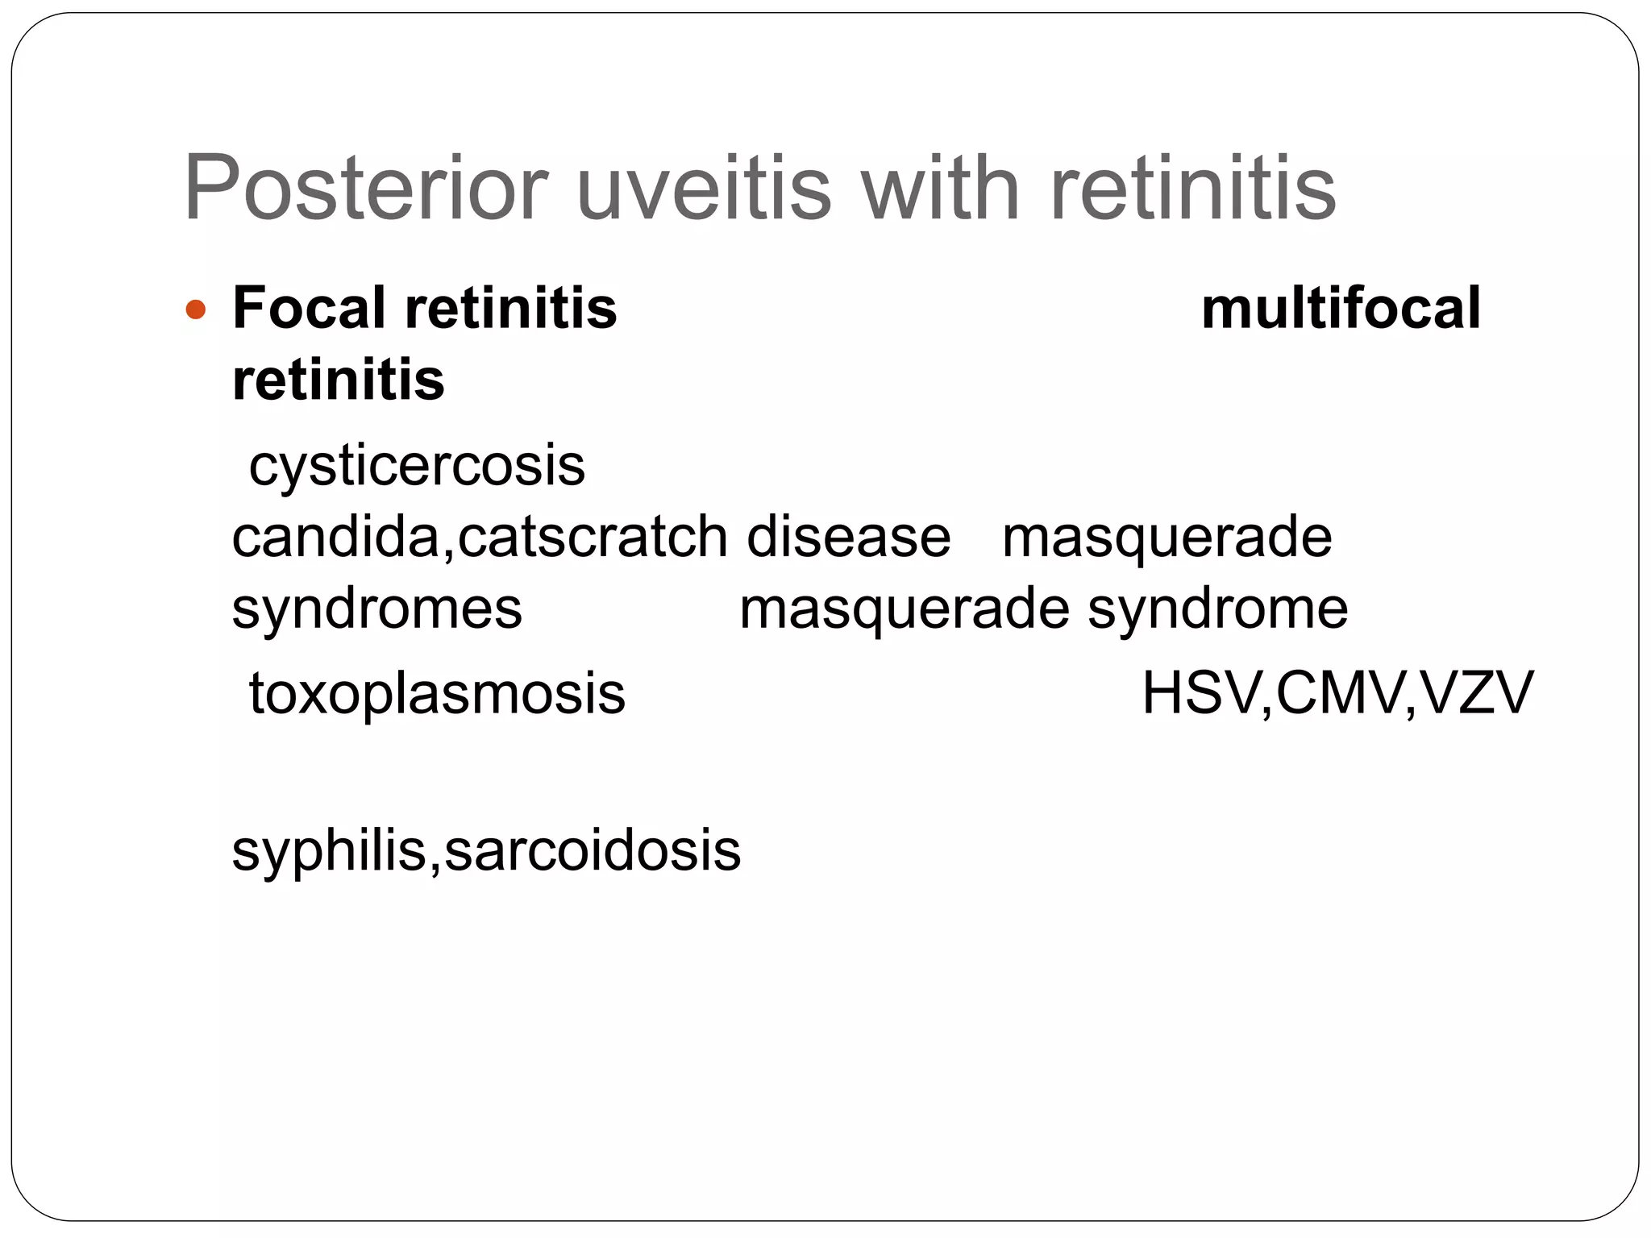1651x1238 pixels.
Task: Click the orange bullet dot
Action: click(x=196, y=309)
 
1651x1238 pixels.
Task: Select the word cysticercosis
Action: click(x=417, y=465)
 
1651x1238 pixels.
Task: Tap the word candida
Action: click(x=335, y=537)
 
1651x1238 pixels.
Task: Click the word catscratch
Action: click(x=593, y=537)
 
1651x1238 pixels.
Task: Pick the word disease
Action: click(x=848, y=537)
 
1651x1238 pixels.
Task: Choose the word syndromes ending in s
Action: click(x=376, y=609)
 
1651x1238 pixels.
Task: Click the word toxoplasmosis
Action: click(x=437, y=693)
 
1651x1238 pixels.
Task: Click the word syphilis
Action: click(x=327, y=851)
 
